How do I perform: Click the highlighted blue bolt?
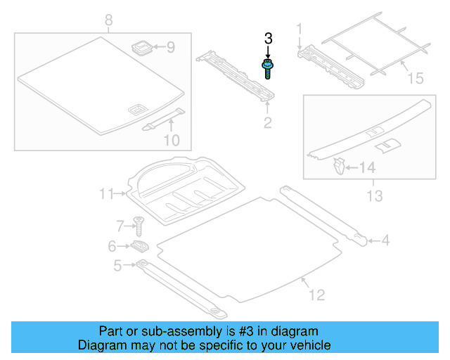click(x=268, y=69)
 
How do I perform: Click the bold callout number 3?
click(x=268, y=39)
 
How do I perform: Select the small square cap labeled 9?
click(x=141, y=48)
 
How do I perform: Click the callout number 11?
click(x=106, y=193)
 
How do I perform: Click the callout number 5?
click(x=117, y=265)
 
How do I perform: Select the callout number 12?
click(x=317, y=295)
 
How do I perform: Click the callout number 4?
click(x=385, y=241)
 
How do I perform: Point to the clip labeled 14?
click(x=340, y=167)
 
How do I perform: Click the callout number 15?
click(x=416, y=77)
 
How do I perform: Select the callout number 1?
click(x=299, y=29)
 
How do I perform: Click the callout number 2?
click(x=267, y=124)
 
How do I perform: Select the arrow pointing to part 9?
click(x=158, y=48)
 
